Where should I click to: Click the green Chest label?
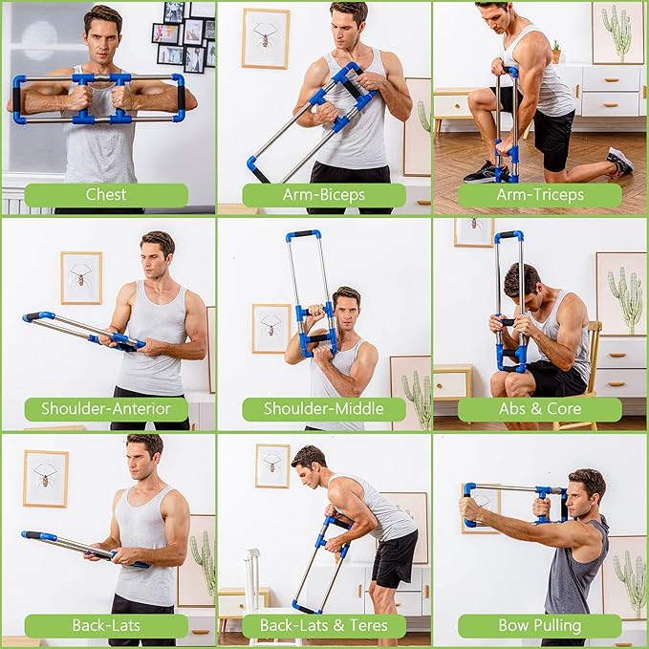click(106, 195)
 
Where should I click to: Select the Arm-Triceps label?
click(540, 195)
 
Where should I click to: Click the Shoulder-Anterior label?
click(106, 409)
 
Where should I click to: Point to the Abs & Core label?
click(540, 409)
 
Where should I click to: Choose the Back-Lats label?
click(106, 626)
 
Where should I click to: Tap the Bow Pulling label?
click(540, 626)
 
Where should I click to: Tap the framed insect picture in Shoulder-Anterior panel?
click(81, 277)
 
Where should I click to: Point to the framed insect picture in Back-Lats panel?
click(45, 478)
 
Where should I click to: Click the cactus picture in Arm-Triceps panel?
click(617, 32)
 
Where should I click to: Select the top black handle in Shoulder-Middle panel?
click(303, 234)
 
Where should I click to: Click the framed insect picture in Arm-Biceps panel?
click(265, 38)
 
